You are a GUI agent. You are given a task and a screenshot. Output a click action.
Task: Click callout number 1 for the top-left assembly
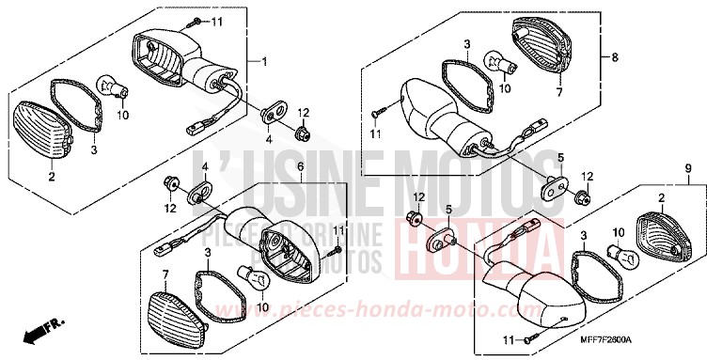(264, 62)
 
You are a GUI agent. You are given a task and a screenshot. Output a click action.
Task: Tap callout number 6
(300, 166)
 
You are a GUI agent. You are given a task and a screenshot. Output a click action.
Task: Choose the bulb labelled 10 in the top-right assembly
(494, 63)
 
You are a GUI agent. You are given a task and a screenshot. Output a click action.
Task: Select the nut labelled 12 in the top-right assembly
(583, 196)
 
